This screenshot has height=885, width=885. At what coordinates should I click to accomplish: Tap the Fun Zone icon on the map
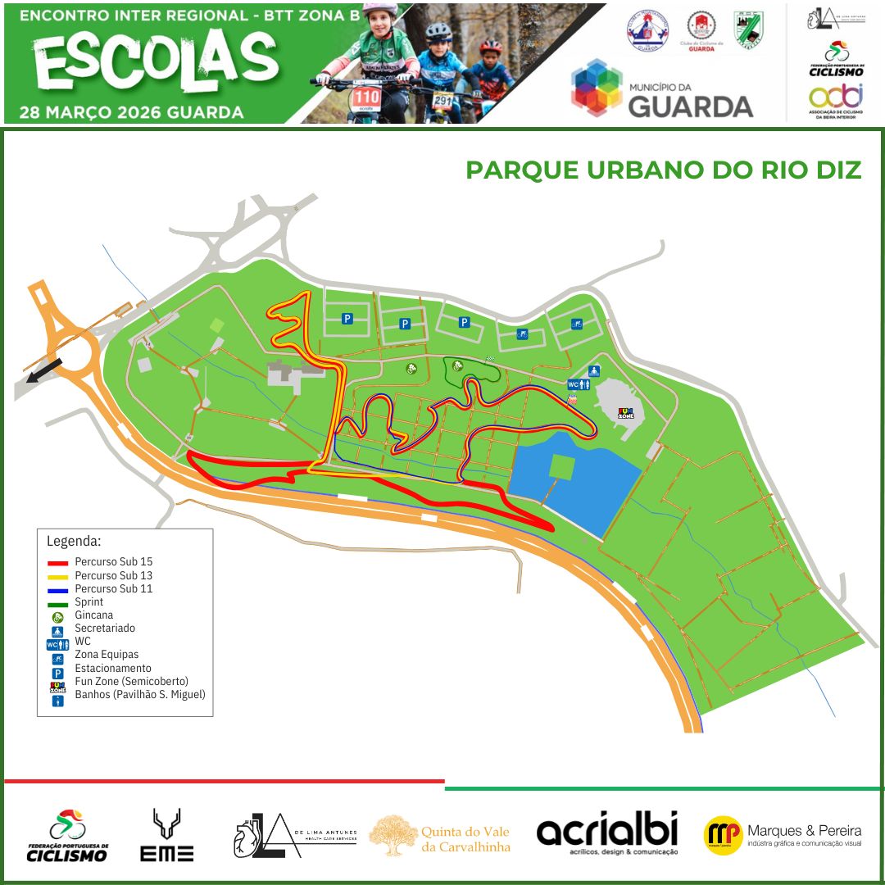(x=625, y=413)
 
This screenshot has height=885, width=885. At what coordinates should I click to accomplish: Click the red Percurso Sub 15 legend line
(x=57, y=563)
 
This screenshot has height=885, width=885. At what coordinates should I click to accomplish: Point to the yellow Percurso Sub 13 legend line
(x=57, y=576)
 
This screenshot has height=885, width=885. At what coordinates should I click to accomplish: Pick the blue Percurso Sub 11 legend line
(x=57, y=589)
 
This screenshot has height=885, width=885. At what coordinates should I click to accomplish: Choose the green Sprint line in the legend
(x=57, y=602)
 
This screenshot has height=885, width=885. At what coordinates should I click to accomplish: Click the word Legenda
(x=75, y=542)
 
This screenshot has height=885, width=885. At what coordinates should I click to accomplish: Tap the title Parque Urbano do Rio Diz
(x=664, y=170)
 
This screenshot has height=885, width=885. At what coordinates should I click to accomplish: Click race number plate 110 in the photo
(x=366, y=98)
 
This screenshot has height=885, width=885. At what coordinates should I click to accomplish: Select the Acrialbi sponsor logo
(x=607, y=834)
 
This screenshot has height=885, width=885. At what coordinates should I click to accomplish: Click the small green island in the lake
(x=561, y=467)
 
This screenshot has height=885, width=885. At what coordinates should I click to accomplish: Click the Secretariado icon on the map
(x=594, y=371)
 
